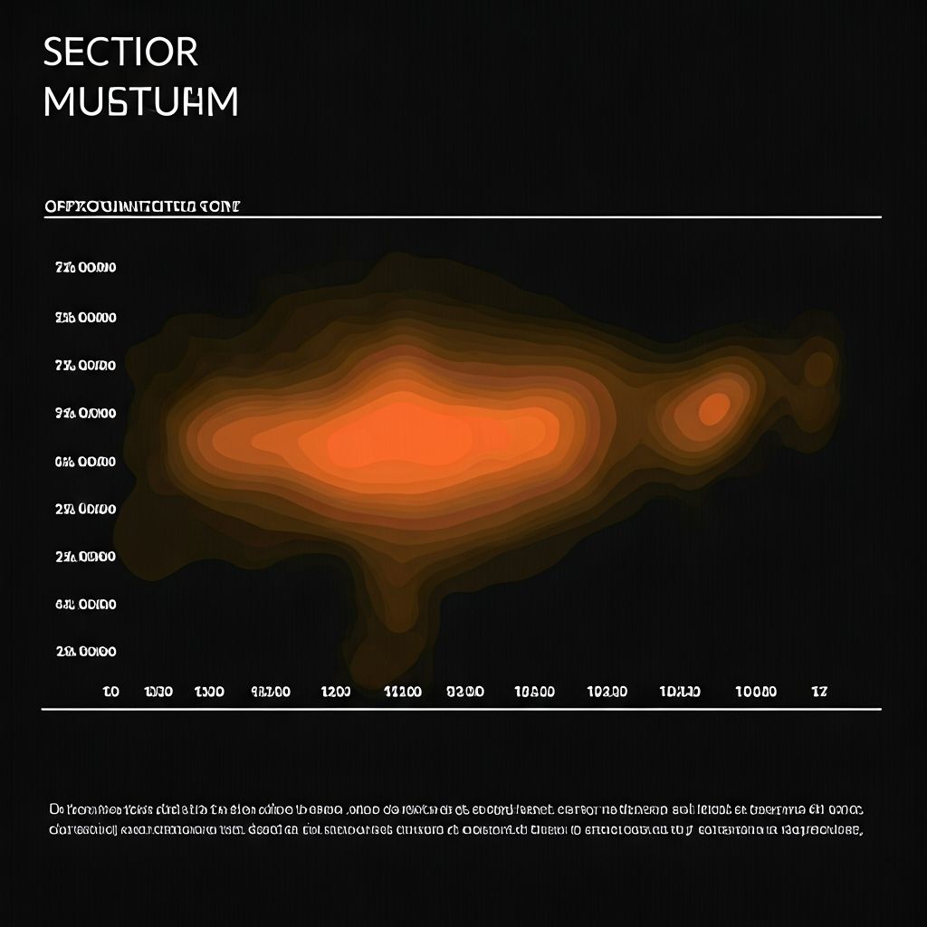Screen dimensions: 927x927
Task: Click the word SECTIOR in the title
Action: [120, 53]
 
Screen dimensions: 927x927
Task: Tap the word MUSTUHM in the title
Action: [140, 102]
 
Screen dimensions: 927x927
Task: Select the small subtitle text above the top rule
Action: [142, 206]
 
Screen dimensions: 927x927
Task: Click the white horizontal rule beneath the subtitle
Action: [462, 217]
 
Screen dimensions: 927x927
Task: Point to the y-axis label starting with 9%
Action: [85, 414]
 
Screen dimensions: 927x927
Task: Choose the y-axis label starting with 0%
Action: [85, 462]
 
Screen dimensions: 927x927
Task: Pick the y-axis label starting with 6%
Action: [85, 604]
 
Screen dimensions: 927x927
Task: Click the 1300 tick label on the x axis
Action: [209, 692]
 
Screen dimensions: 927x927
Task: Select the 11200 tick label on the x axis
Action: [403, 692]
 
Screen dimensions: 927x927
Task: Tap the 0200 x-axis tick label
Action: [465, 692]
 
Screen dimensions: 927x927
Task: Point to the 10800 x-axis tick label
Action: [534, 692]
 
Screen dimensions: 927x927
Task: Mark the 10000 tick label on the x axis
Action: [755, 692]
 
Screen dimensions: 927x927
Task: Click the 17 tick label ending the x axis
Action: [819, 692]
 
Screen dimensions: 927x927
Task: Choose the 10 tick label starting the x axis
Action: [110, 692]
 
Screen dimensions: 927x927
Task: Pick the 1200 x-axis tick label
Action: [335, 692]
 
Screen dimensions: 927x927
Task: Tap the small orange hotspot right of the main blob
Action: [714, 408]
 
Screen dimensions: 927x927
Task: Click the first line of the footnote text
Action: [456, 809]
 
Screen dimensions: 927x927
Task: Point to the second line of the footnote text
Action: [456, 829]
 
